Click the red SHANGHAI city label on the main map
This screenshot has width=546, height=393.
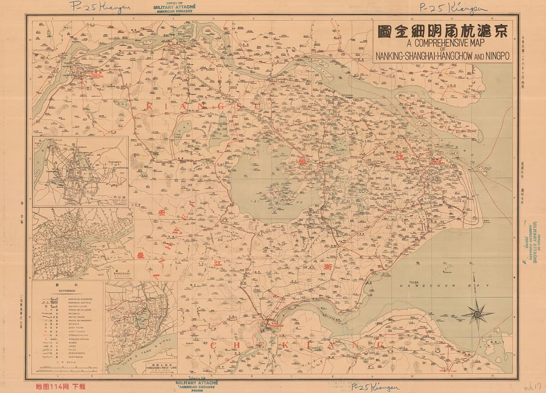coord(437,163)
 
